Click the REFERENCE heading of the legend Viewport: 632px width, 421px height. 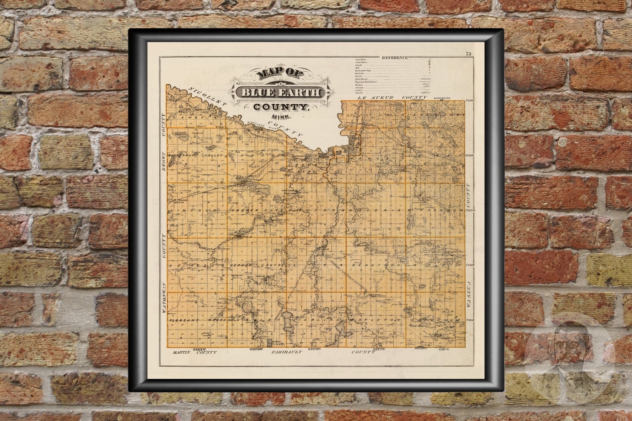[x=395, y=57]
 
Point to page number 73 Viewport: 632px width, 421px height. [x=469, y=53]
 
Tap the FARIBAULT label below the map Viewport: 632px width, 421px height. [x=287, y=352]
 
